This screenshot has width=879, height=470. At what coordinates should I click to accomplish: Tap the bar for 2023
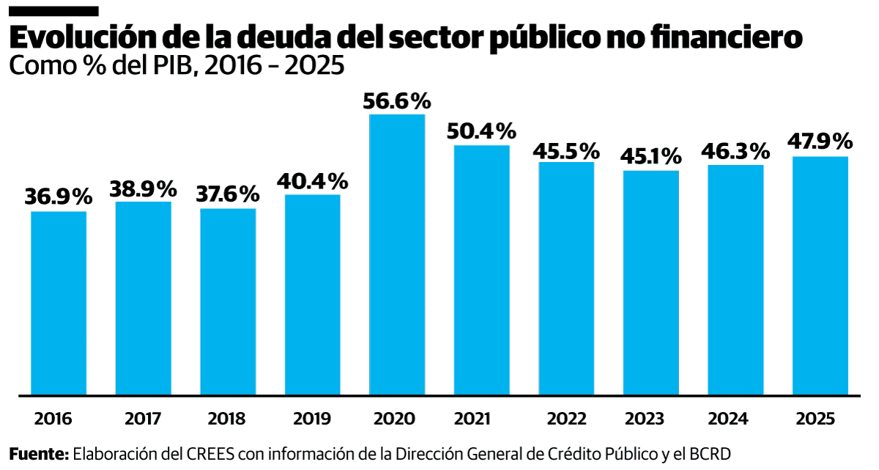pyautogui.click(x=651, y=282)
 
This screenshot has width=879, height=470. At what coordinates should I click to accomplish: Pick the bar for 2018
pyautogui.click(x=228, y=301)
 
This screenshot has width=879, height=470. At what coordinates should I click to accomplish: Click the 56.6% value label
pyautogui.click(x=397, y=100)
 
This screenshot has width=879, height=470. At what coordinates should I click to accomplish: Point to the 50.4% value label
pyautogui.click(x=481, y=132)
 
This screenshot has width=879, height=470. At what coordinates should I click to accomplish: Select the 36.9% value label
pyautogui.click(x=59, y=197)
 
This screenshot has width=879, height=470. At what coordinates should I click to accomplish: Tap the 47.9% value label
pyautogui.click(x=820, y=142)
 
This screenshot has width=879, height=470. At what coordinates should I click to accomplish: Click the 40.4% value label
pyautogui.click(x=312, y=180)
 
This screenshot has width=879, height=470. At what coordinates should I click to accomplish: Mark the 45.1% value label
pyautogui.click(x=651, y=156)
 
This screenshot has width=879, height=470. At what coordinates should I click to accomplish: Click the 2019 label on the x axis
pyautogui.click(x=312, y=419)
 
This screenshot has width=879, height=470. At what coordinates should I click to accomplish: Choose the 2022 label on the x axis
pyautogui.click(x=566, y=419)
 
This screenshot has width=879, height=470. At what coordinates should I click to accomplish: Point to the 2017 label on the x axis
pyautogui.click(x=144, y=419)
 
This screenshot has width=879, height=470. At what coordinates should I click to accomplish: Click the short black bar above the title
pyautogui.click(x=53, y=11)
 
